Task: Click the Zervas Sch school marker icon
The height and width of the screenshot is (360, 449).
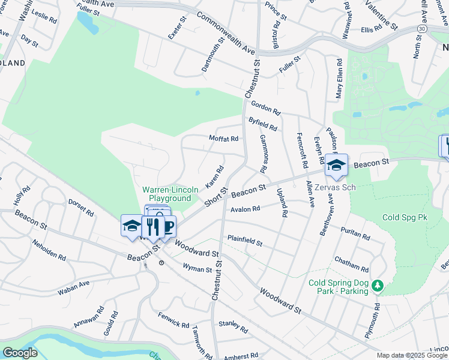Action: point(337,165)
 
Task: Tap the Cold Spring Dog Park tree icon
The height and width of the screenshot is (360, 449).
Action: point(378,285)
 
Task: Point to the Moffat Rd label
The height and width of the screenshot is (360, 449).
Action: point(223,139)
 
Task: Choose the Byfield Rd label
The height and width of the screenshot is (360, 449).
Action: point(263,124)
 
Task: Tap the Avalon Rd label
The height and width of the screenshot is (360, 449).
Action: point(245,209)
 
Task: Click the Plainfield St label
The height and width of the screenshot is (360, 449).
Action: point(245,241)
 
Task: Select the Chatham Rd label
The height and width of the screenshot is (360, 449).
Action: point(354,265)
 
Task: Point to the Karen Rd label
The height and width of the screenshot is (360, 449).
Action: point(214,176)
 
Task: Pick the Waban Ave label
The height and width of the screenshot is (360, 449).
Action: point(73,287)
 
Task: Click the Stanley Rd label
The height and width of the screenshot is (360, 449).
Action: point(233,326)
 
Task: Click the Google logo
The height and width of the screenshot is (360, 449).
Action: point(20,352)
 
